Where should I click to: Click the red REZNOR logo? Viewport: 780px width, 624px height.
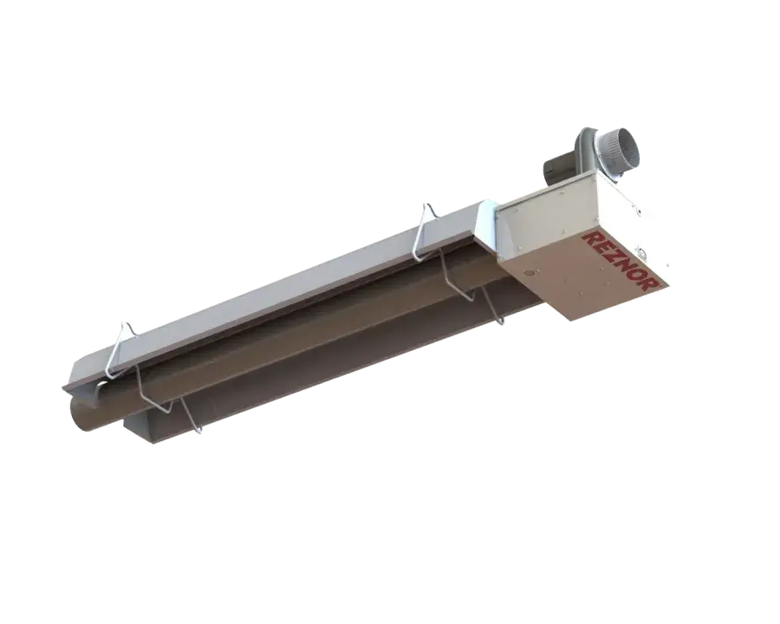tap(622, 258)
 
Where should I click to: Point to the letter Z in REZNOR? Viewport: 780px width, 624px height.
tap(614, 251)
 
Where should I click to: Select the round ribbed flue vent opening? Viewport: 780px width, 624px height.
tap(623, 156)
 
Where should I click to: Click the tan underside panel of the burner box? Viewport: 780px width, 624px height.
tap(589, 277)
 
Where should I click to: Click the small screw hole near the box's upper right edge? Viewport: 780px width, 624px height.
tap(640, 209)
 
